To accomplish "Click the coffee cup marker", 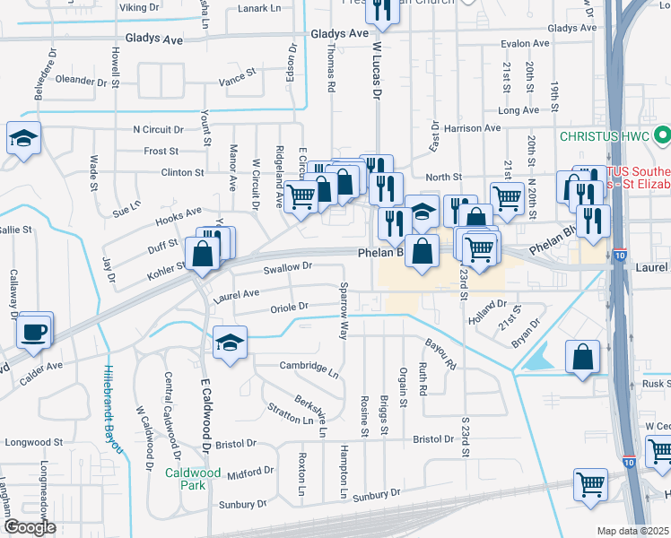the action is tap(35, 331).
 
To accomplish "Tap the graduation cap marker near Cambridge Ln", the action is tap(230, 343).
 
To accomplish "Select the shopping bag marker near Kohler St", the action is tap(203, 254).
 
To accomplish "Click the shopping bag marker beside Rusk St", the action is tap(583, 357).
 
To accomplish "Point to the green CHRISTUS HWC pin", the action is tap(663, 137).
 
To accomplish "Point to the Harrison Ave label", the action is tap(471, 128).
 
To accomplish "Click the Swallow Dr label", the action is tap(287, 266).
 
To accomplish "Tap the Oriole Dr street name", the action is tap(289, 307).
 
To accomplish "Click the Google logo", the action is tap(29, 527).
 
